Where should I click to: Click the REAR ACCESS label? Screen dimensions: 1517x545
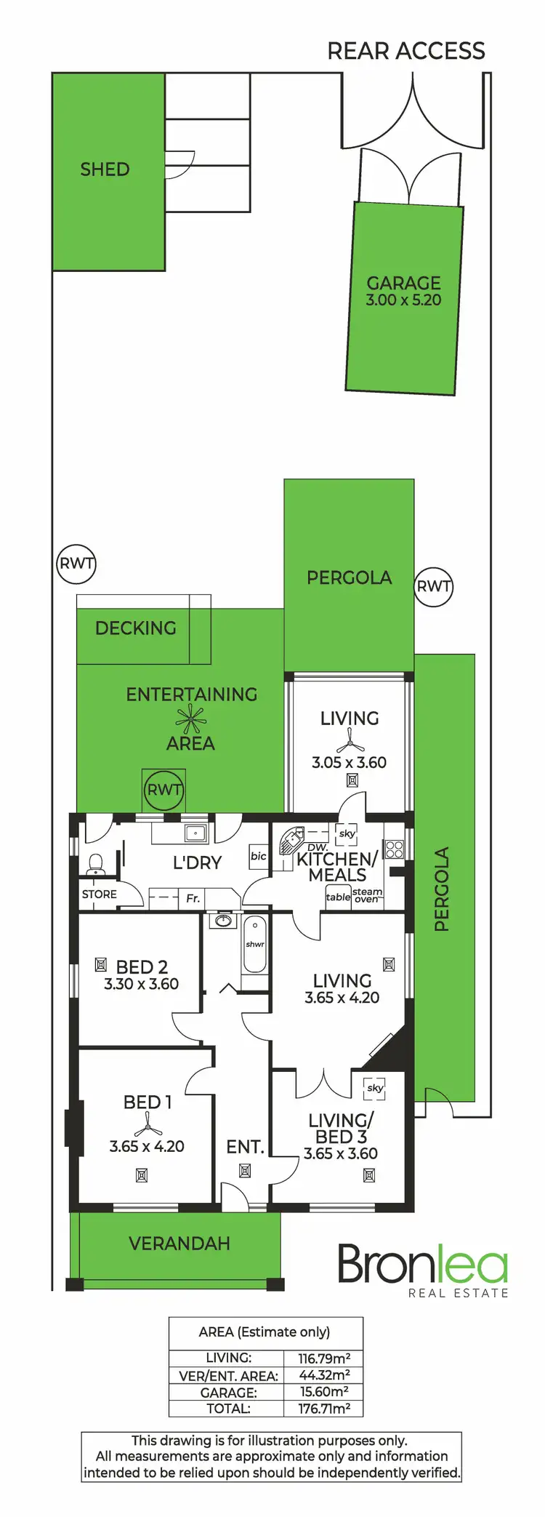click(x=405, y=51)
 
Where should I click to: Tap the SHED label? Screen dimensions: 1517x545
click(x=105, y=169)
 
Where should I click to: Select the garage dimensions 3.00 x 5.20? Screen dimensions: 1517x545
click(x=403, y=300)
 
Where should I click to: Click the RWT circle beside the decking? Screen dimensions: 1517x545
click(x=76, y=564)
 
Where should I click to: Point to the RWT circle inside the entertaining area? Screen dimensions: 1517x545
click(x=164, y=790)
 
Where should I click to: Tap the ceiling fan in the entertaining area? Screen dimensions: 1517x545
click(x=191, y=719)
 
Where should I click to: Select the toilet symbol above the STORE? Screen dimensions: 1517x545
click(x=96, y=865)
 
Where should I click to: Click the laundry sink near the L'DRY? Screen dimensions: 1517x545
click(x=195, y=833)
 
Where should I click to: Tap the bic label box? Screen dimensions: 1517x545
click(x=259, y=856)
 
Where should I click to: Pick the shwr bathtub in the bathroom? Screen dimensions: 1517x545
click(x=255, y=945)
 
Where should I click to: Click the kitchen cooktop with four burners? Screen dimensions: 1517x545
click(x=394, y=849)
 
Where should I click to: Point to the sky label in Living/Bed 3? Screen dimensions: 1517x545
click(x=375, y=1088)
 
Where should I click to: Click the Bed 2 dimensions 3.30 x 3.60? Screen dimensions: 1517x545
click(x=141, y=984)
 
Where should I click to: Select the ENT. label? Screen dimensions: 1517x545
click(x=245, y=1147)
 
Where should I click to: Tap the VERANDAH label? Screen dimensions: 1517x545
click(x=179, y=1244)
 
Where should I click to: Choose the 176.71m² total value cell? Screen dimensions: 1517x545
click(x=324, y=1409)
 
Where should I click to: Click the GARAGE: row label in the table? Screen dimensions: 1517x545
click(x=228, y=1393)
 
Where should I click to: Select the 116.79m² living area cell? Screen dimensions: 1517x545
click(x=324, y=1358)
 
